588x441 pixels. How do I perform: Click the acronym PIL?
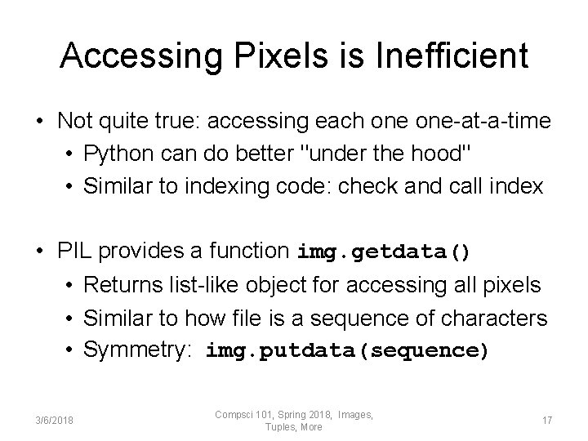click(75, 252)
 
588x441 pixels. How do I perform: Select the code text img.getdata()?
click(385, 252)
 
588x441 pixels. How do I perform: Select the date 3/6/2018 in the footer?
click(55, 421)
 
